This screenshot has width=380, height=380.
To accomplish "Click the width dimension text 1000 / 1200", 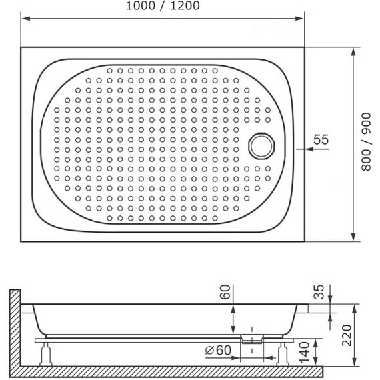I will point(164,7).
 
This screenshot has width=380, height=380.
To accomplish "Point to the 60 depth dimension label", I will point(226,292).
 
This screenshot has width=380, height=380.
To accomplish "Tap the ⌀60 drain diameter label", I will point(217,349).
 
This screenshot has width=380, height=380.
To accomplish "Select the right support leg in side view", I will point(282,353).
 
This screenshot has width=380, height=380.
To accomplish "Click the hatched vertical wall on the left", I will point(15,327).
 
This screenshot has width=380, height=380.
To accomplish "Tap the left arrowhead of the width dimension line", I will point(24,19).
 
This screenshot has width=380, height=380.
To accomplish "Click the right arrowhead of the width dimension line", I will point(305,19).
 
